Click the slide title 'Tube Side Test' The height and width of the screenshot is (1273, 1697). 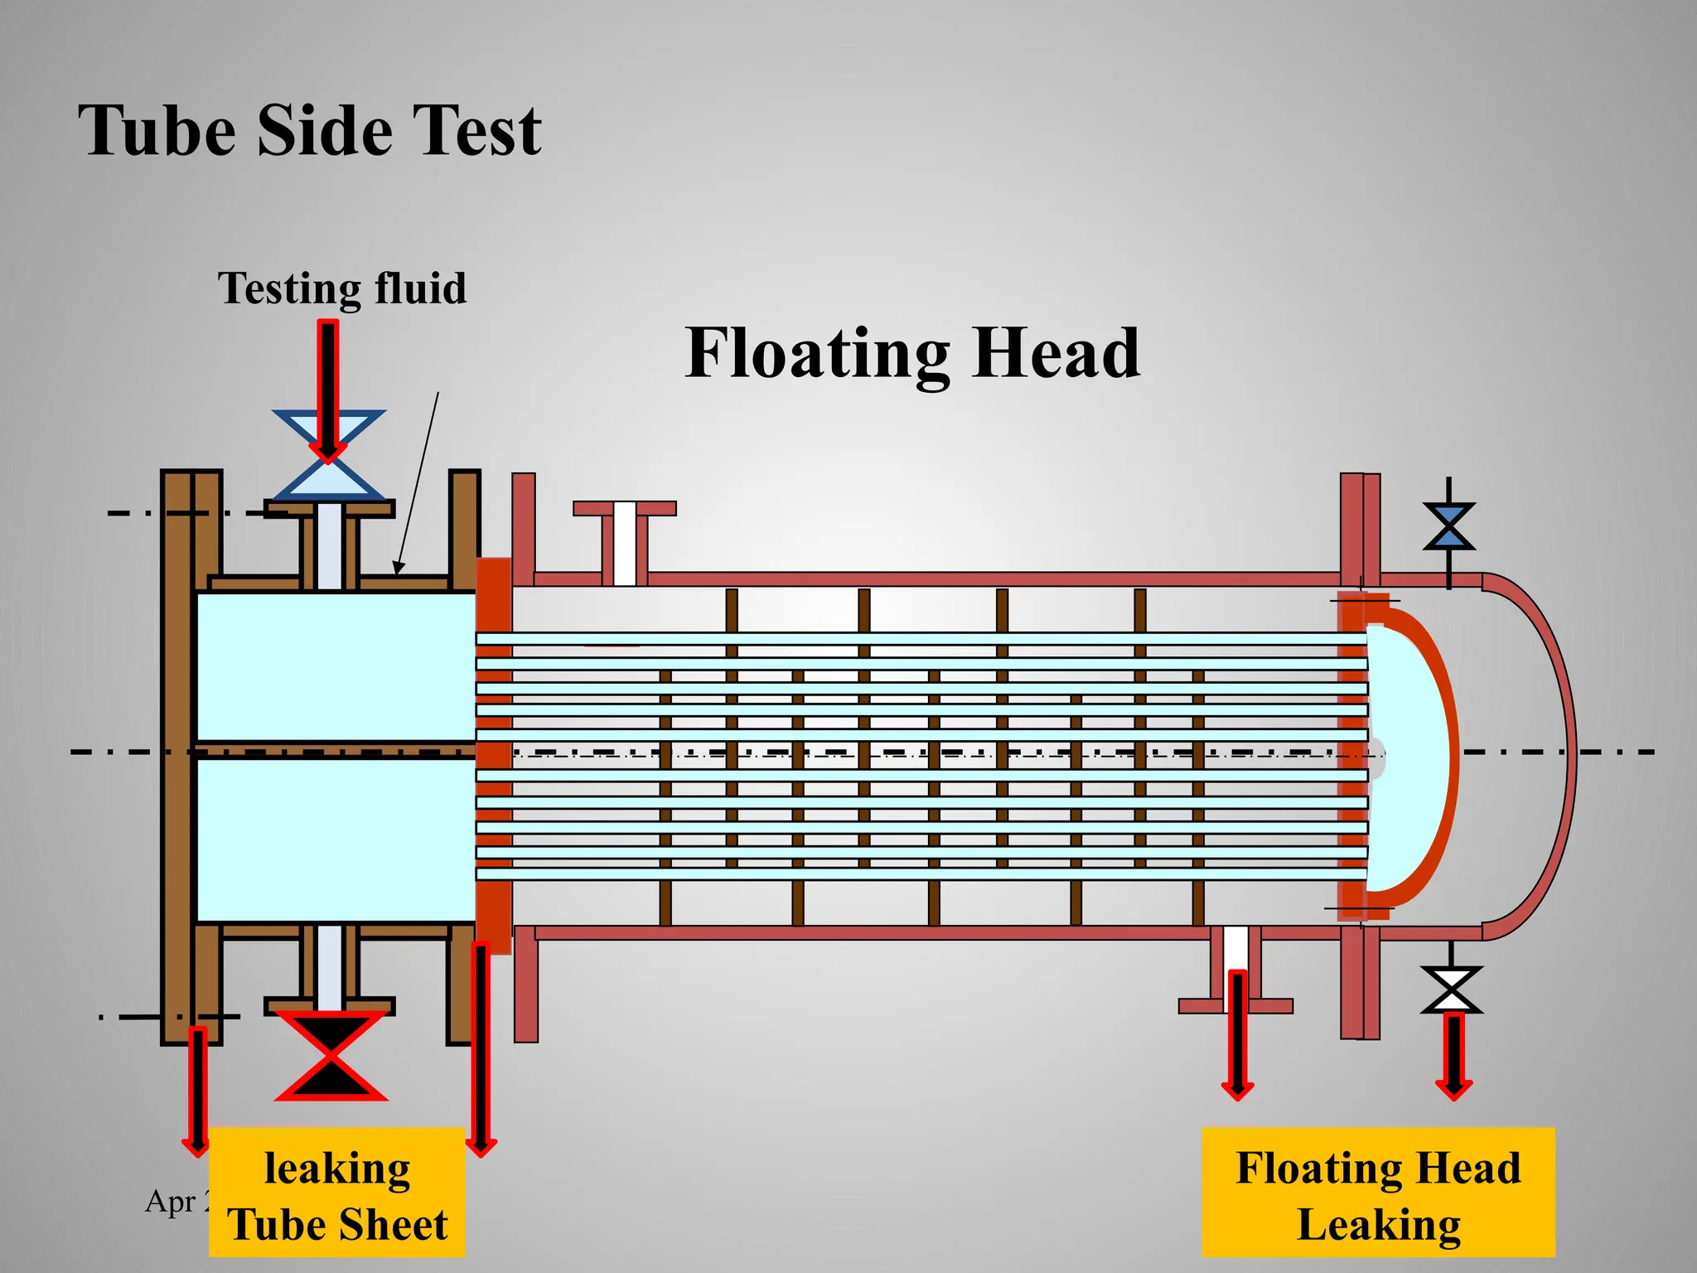pos(310,130)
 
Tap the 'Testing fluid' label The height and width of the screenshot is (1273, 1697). pos(341,288)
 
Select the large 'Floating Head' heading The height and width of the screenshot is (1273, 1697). pos(912,353)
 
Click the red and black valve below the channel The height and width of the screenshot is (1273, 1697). pos(331,1055)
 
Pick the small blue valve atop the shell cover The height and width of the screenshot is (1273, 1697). pos(1448,525)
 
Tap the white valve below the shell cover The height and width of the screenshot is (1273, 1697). pos(1451,990)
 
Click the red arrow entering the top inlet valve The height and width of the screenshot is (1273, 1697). pos(329,390)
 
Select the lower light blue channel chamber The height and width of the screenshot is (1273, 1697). pos(335,840)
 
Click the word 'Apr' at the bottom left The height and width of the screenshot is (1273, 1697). pos(171,1201)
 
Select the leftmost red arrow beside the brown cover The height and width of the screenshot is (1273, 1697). pos(197,1091)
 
